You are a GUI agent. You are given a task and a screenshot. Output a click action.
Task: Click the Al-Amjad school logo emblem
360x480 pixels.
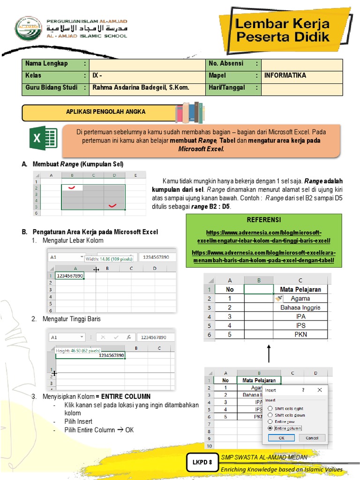pyautogui.click(x=29, y=29)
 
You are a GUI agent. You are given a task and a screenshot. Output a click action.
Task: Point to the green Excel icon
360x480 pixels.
pyautogui.click(x=43, y=138)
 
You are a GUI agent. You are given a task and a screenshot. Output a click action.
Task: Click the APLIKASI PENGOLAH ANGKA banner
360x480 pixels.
pyautogui.click(x=105, y=112)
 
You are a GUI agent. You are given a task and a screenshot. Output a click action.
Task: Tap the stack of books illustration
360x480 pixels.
pyautogui.click(x=189, y=112)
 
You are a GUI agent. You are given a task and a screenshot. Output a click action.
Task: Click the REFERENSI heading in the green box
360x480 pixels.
pyautogui.click(x=263, y=220)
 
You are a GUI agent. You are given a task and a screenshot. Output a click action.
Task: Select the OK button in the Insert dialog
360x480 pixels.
pyautogui.click(x=281, y=438)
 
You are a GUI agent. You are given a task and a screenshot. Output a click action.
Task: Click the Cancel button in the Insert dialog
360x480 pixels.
pyautogui.click(x=312, y=438)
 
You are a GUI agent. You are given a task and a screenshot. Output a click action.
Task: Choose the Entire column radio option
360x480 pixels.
pyautogui.click(x=270, y=428)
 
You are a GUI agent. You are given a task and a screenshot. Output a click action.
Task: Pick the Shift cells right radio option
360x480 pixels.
pyautogui.click(x=270, y=408)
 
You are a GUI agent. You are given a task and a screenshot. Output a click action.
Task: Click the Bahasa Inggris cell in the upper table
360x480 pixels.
pyautogui.click(x=300, y=307)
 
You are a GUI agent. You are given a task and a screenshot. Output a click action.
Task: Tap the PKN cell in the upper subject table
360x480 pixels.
pyautogui.click(x=300, y=335)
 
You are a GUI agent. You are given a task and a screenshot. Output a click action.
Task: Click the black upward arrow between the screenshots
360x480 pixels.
pyautogui.click(x=270, y=352)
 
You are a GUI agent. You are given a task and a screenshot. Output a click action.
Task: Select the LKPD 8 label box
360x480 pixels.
pyautogui.click(x=202, y=462)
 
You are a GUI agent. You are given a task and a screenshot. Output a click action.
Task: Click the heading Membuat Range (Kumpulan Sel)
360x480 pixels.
pyautogui.click(x=77, y=164)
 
